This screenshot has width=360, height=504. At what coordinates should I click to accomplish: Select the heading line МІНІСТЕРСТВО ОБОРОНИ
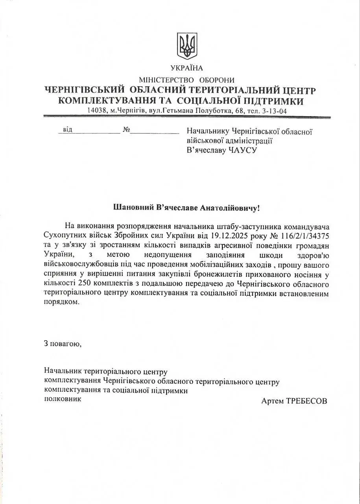point(186,80)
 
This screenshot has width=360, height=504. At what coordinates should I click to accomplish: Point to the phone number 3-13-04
point(274,111)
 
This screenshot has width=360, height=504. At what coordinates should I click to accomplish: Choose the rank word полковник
point(63,399)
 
